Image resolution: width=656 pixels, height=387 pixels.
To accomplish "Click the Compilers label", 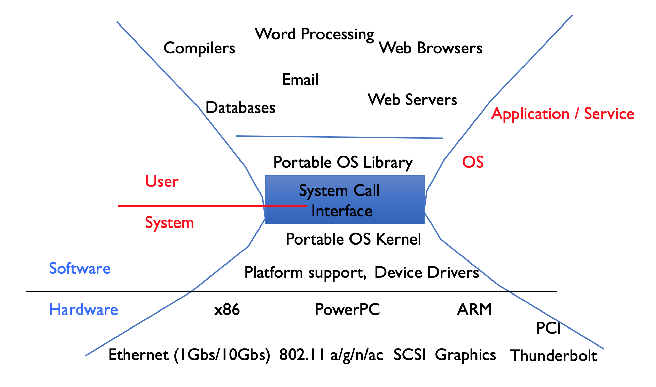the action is click(199, 48).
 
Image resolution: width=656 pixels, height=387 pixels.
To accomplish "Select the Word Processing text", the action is click(314, 34).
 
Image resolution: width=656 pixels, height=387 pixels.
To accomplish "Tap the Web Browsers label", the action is click(431, 48).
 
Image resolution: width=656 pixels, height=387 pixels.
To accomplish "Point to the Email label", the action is click(300, 80).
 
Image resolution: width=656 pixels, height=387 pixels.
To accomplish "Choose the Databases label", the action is click(240, 107).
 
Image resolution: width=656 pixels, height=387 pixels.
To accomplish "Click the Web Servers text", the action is click(412, 100).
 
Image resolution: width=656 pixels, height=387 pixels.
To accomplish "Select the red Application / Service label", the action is click(563, 114).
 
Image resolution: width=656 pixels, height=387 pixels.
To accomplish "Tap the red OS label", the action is click(473, 162).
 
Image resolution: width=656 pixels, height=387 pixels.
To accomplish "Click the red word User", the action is click(162, 181).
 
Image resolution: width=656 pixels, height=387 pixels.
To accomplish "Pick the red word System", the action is click(170, 223).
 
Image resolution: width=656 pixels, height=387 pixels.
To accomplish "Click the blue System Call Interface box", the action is click(345, 200).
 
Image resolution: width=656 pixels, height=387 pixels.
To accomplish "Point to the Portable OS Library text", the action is click(343, 163).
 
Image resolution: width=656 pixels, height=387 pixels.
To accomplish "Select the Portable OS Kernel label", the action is click(354, 239).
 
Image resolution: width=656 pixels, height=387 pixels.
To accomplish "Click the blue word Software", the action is click(80, 268).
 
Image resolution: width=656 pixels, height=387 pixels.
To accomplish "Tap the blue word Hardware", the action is click(83, 309).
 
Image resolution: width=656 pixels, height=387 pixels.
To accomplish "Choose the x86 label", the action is click(227, 309).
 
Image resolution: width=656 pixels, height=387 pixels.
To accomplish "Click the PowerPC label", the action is click(347, 309).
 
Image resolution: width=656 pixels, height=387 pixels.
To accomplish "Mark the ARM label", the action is click(474, 309).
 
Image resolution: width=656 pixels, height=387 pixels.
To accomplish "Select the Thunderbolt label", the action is click(553, 356).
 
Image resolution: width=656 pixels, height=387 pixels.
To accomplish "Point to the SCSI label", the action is click(410, 355).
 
